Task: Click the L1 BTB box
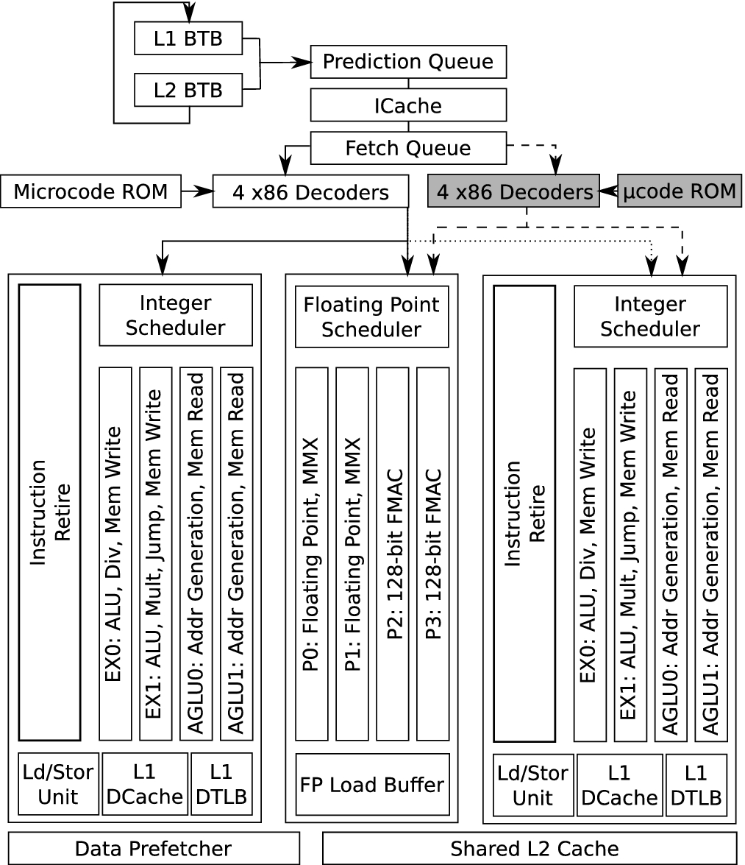188,38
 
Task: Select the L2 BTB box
188,90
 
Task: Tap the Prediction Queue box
408,62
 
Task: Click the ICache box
408,105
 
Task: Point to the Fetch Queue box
408,148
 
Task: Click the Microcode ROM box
90,191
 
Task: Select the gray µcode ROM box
679,191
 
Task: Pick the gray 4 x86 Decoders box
513,191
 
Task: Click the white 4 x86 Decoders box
310,191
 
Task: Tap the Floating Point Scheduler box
371,317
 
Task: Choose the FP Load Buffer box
372,784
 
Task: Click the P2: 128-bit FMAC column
392,554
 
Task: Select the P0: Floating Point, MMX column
311,554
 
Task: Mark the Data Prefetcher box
154,848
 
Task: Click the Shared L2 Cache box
530,848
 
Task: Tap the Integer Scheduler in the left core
176,315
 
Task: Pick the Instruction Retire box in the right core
524,513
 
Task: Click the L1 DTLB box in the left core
221,784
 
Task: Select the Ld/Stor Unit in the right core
533,785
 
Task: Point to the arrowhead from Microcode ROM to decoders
205,191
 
